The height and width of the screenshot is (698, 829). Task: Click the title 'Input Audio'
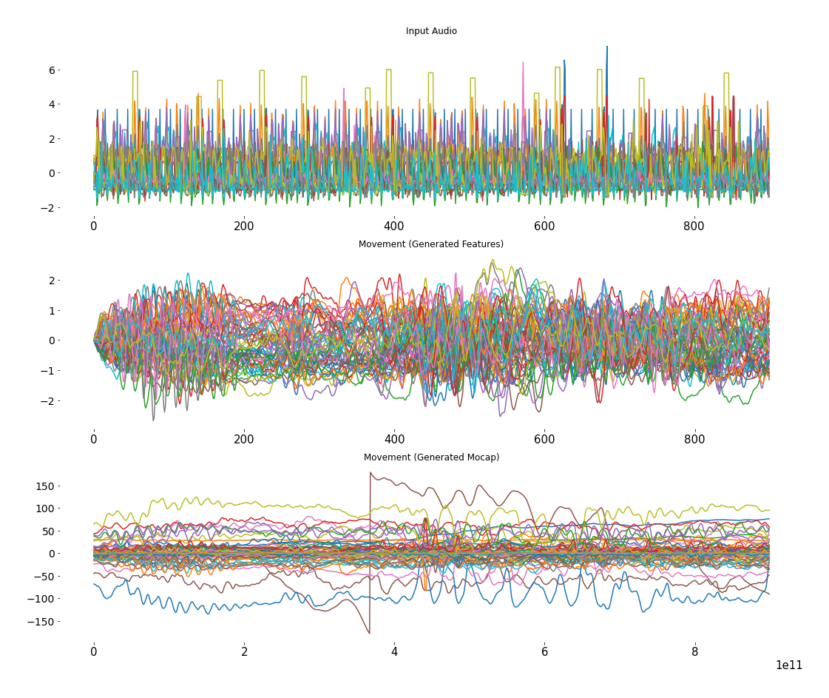[x=431, y=31]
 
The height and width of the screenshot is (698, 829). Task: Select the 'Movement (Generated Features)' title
[x=431, y=244]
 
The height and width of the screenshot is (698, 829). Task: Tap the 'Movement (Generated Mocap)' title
[x=431, y=457]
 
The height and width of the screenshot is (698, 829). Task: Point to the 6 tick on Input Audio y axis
[x=53, y=70]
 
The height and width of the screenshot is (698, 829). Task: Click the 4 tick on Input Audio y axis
[x=53, y=104]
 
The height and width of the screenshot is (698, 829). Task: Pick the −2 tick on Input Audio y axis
[x=49, y=208]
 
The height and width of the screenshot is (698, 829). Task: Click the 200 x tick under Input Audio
[x=244, y=226]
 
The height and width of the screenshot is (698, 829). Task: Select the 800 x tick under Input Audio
[x=694, y=226]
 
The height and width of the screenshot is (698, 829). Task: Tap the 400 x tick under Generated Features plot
[x=394, y=439]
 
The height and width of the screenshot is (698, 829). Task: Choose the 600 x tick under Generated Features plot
[x=544, y=439]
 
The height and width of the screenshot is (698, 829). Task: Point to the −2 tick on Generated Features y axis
[x=49, y=401]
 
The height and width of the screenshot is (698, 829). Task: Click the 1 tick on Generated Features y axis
[x=53, y=311]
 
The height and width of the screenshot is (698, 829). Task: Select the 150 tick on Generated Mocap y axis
[x=45, y=486]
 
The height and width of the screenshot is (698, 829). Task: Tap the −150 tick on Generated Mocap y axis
[x=42, y=622]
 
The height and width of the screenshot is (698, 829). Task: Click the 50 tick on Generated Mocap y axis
[x=48, y=531]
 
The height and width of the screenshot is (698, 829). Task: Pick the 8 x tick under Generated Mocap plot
[x=694, y=652]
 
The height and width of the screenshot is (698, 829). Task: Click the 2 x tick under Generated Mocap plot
[x=244, y=652]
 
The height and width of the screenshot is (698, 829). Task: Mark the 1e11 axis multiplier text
[x=788, y=665]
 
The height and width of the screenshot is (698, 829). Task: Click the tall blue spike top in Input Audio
[x=607, y=47]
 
